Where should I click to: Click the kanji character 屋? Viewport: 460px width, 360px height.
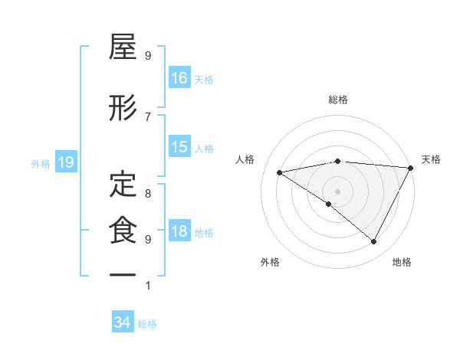tap(123, 49)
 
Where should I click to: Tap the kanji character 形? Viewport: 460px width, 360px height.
tap(123, 110)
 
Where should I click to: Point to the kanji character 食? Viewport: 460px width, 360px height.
tap(123, 229)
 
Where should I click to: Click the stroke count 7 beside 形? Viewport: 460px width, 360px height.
tap(148, 116)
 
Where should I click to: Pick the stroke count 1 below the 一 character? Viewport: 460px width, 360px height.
tap(148, 286)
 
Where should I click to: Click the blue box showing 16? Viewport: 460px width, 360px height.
tap(179, 77)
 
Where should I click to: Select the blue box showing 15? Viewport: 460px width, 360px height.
tap(179, 147)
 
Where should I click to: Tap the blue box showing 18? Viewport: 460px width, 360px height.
tap(179, 232)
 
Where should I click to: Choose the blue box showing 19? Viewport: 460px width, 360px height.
tap(66, 162)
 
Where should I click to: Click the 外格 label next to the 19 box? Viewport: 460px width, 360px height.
tap(41, 163)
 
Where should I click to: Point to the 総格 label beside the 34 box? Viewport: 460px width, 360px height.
tap(148, 323)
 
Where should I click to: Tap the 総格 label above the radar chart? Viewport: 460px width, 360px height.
tap(338, 100)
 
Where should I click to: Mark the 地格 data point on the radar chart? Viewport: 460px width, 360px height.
tap(374, 242)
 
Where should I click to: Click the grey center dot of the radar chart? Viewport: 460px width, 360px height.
tap(337, 190)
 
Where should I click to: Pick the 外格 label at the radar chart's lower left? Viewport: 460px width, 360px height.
tap(270, 262)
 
